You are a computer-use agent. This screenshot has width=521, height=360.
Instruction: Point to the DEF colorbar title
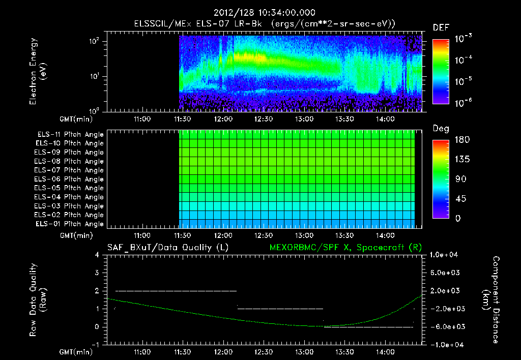tap(441, 27)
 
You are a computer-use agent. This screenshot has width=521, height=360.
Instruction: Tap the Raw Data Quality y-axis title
tap(38, 299)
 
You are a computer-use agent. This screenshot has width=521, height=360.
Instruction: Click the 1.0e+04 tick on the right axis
tap(446, 255)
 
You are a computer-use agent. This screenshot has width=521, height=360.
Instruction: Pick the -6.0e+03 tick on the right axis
tap(446, 327)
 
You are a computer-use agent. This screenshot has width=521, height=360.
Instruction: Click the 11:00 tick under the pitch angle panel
tap(141, 235)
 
